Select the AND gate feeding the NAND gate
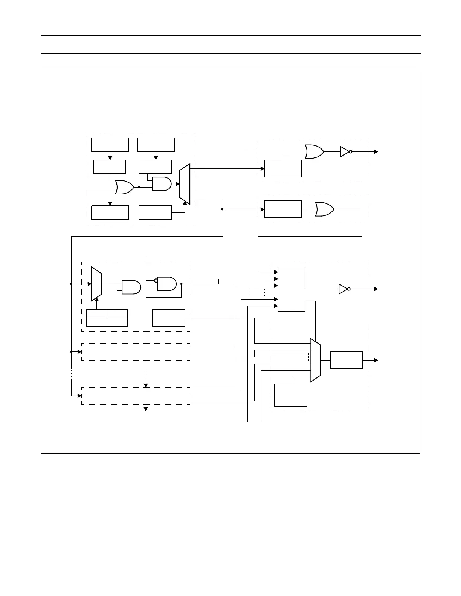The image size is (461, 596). [x=131, y=287]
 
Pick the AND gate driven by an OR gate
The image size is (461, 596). [x=162, y=184]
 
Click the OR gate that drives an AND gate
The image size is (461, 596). [x=124, y=187]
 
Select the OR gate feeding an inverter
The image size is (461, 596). [x=314, y=151]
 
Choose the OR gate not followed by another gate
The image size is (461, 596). [x=324, y=209]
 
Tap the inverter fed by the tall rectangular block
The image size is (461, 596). [x=344, y=289]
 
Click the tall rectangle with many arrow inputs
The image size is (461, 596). [x=291, y=289]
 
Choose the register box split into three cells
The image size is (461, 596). [x=107, y=318]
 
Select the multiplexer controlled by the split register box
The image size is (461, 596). [x=96, y=284]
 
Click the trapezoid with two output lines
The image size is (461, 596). [x=185, y=184]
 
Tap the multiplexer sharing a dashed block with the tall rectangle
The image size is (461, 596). [x=315, y=360]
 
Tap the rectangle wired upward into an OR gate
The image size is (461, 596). [x=283, y=168]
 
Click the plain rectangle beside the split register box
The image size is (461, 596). [x=168, y=318]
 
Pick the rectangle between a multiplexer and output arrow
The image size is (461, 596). [x=347, y=360]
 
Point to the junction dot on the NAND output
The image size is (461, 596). [x=182, y=284]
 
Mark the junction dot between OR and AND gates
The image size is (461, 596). [x=139, y=187]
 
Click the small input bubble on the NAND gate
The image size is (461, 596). [x=156, y=280]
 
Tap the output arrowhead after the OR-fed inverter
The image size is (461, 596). [x=376, y=151]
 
